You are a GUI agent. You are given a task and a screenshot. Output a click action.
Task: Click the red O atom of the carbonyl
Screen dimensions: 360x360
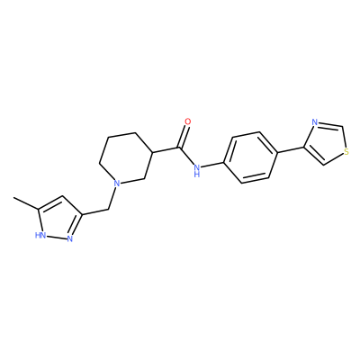188,121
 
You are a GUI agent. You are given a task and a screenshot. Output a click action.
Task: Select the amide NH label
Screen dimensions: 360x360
197,170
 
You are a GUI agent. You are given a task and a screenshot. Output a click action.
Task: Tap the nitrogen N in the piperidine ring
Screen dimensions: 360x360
117,183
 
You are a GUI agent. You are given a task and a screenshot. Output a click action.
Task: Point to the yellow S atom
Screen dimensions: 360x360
346,152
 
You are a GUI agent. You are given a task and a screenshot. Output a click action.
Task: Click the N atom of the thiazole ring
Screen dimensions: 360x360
314,122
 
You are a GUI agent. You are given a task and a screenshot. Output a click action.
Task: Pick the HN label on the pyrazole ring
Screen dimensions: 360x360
40,235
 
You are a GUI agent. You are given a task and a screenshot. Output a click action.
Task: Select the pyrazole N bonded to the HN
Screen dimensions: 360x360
70,239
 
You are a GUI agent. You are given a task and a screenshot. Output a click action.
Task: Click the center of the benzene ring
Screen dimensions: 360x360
250,157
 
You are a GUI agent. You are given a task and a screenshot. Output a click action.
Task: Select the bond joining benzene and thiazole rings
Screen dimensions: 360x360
290,150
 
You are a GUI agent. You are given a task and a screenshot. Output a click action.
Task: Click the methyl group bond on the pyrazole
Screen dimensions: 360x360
26,202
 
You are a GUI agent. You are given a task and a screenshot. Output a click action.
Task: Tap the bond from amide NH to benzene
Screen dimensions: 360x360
212,166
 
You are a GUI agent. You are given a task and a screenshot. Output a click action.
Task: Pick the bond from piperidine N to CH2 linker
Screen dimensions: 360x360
112,198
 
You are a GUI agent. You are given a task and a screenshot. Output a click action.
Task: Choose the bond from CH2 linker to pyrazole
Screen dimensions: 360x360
94,211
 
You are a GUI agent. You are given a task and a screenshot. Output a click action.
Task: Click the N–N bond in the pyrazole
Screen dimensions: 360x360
57,237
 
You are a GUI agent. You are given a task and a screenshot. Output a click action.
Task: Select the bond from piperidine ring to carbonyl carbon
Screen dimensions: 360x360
166,150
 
